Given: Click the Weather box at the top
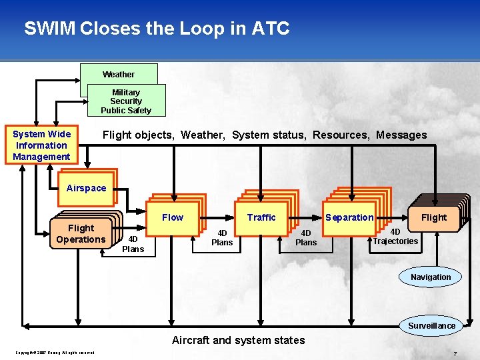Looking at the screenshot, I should point(119,74).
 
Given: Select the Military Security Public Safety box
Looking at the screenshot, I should point(126,101).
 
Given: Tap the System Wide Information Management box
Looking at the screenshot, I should point(41,145).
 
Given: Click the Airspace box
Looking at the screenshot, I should point(86,188).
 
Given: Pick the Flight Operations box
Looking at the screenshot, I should point(81,234).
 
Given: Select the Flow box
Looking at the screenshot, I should point(173,217).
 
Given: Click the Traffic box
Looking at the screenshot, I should point(261,217).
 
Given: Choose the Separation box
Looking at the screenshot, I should point(349,217).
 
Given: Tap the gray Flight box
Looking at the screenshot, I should point(434,217).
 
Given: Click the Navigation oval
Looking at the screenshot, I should point(431,277).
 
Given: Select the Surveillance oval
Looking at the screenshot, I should point(432,325).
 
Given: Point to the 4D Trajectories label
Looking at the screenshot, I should point(395,236).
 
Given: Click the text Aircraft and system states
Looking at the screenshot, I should point(238,340).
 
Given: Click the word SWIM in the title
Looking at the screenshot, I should point(49,29).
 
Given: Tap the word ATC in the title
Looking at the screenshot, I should point(271,29).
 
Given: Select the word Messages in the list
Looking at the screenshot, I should point(401,135).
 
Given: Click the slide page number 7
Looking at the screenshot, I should point(455,353).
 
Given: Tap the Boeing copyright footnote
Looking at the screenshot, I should point(55,353).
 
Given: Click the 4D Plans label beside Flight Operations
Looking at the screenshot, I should point(133,244).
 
